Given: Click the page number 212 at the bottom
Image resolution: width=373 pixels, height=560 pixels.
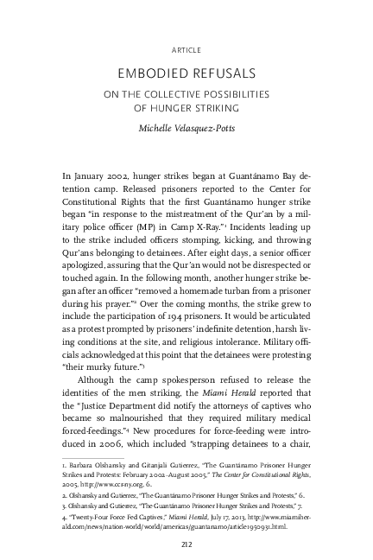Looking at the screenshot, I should (186, 543).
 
